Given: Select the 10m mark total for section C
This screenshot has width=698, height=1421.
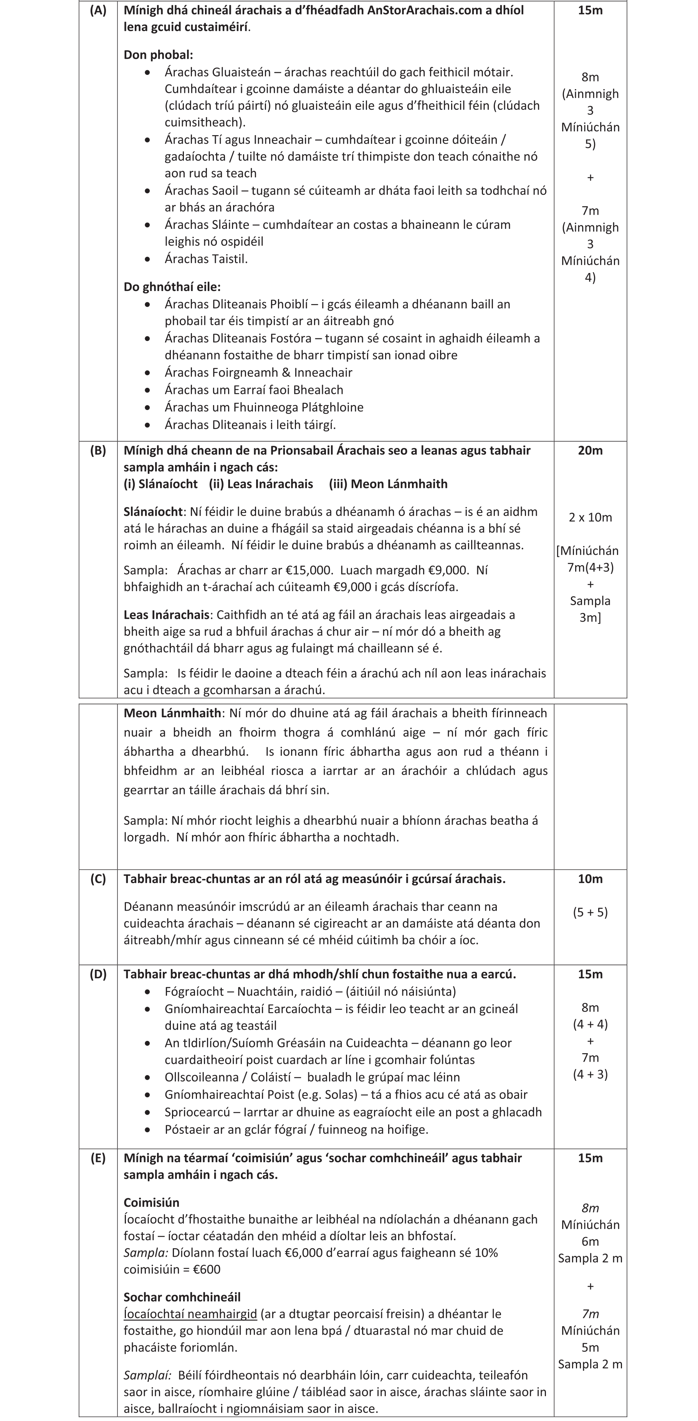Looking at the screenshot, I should tap(590, 879).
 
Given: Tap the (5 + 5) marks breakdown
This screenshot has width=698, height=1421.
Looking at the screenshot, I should tap(590, 912).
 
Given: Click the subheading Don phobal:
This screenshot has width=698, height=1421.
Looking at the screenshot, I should tap(158, 55).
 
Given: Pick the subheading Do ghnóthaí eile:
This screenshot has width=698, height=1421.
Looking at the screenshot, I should tap(172, 287).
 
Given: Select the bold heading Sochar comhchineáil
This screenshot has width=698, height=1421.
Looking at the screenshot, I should tap(182, 1297).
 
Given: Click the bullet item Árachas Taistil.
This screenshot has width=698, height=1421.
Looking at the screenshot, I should tap(206, 259).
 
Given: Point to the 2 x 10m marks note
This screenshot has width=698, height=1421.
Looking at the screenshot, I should tap(590, 518).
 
